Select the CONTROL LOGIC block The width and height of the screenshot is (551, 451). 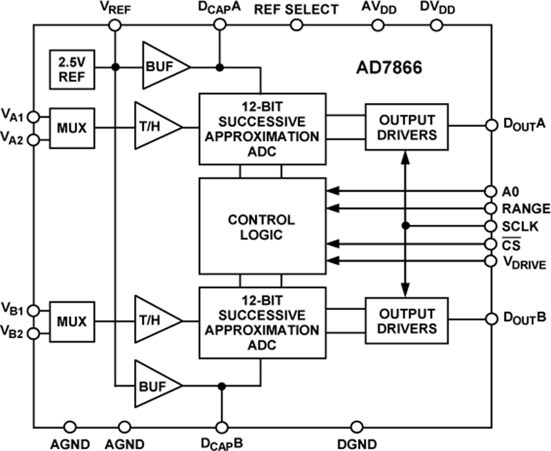pos(261,227)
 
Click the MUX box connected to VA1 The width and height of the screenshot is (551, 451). pos(72,129)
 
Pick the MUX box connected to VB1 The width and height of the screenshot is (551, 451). pos(72,320)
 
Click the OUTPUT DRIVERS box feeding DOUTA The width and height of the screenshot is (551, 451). pos(406,127)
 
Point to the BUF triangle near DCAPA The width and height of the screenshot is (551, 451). pos(162,66)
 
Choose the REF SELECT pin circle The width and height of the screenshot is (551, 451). pos(296,25)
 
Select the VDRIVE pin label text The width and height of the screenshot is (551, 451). pos(525,263)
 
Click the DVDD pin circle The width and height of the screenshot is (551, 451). pos(436,25)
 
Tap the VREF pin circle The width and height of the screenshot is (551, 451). pos(114,25)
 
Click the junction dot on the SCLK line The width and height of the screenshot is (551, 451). pos(405,225)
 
